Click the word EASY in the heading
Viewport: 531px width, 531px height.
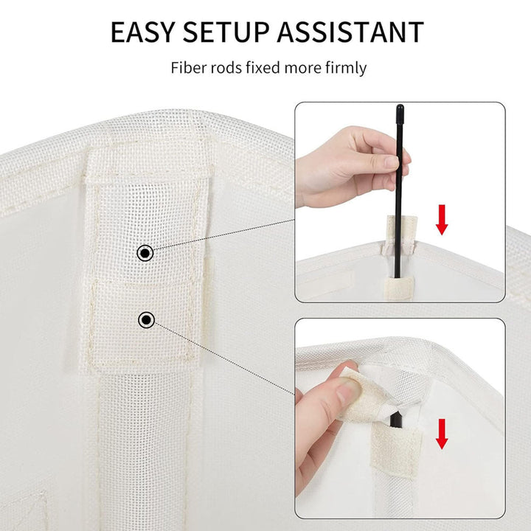(x=142, y=32)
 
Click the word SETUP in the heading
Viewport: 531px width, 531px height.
(x=226, y=32)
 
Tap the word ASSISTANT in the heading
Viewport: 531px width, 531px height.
(x=350, y=32)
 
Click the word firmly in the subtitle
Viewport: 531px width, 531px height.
(x=346, y=69)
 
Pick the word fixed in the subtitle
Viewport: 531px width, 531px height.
(x=263, y=68)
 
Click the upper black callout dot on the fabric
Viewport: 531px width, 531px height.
(x=145, y=253)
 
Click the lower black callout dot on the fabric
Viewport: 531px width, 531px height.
(x=146, y=319)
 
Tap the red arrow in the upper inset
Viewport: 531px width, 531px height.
(x=442, y=220)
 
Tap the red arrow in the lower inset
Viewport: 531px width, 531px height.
(x=442, y=434)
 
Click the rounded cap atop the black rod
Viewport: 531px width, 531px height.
(x=400, y=109)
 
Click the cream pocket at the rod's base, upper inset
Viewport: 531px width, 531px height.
(x=398, y=287)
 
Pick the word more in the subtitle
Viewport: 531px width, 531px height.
(x=303, y=69)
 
